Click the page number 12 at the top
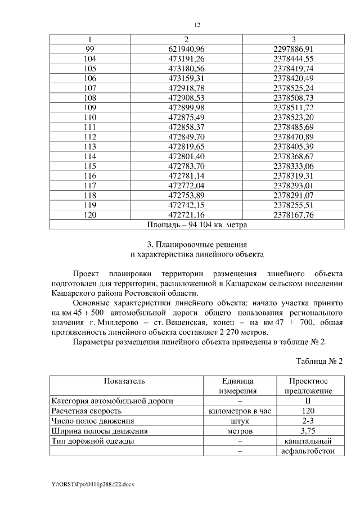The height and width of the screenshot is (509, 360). pyautogui.click(x=197, y=25)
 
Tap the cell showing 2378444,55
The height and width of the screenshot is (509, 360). pyautogui.click(x=292, y=58)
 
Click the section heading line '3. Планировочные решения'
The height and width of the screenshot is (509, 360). pyautogui.click(x=197, y=245)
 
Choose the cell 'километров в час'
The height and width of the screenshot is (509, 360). pyautogui.click(x=239, y=411)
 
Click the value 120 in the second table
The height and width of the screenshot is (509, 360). pyautogui.click(x=308, y=411)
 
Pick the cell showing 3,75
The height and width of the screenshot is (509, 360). pyautogui.click(x=308, y=431)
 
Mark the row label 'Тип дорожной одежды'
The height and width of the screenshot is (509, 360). pyautogui.click(x=93, y=442)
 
